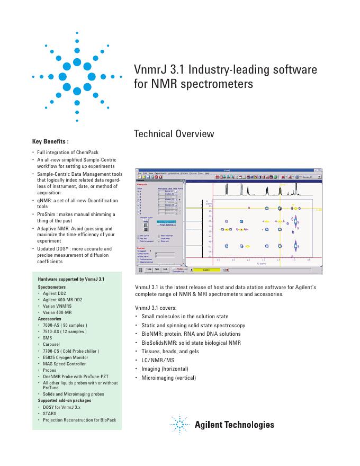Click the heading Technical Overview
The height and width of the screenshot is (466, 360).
point(175,133)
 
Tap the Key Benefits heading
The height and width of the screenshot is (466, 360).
point(50,141)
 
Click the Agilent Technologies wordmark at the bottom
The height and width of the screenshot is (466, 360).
point(235,425)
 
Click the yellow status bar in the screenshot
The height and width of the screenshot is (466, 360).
point(206,270)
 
